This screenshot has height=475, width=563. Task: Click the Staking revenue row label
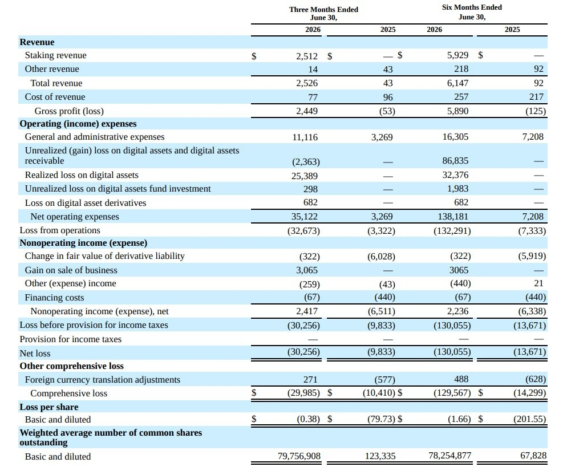pos(56,55)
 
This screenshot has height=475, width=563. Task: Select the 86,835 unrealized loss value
pos(455,161)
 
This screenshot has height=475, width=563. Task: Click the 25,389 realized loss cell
pos(305,176)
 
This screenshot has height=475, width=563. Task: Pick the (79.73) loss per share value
pos(381,419)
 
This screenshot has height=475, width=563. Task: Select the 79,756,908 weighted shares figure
pos(299,456)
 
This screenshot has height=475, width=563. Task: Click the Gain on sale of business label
pos(71,270)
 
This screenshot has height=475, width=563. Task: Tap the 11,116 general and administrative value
pos(305,137)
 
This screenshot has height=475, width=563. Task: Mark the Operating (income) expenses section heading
pos(78,124)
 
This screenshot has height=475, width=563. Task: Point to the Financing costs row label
pos(54,298)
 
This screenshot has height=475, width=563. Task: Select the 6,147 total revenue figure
pos(458,83)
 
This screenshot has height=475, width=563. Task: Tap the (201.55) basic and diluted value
pos(529,419)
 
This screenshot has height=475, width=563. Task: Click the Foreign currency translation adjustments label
pos(102,380)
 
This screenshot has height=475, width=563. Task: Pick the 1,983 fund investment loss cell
pos(458,189)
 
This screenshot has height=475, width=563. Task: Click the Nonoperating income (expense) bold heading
pos(83,243)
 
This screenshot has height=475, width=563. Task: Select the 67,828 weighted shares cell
pos(533,456)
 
